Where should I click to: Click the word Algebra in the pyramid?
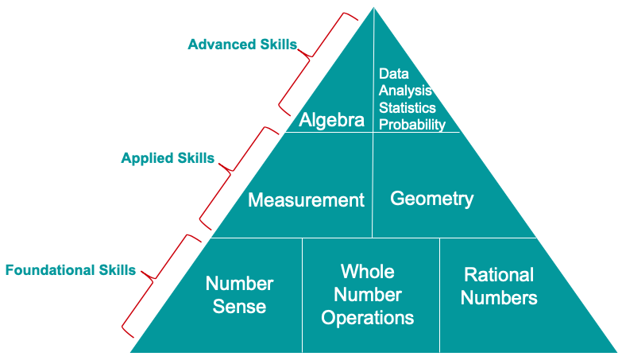[331, 119]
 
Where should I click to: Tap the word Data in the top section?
[393, 73]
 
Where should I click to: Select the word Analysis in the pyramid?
[405, 91]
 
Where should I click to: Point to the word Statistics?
[408, 107]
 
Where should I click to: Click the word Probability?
[412, 125]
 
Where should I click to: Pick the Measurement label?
[307, 199]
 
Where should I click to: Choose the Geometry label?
[432, 199]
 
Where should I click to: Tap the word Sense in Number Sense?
[239, 307]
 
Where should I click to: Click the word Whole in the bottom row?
[368, 272]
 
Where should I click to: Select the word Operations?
[368, 318]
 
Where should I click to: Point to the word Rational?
[499, 275]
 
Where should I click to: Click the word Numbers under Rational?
[499, 298]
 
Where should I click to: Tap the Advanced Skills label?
[242, 45]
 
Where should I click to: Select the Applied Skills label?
[168, 158]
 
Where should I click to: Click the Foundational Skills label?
[71, 270]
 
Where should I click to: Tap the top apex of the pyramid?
[373, 7]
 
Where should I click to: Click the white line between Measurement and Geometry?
[373, 185]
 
